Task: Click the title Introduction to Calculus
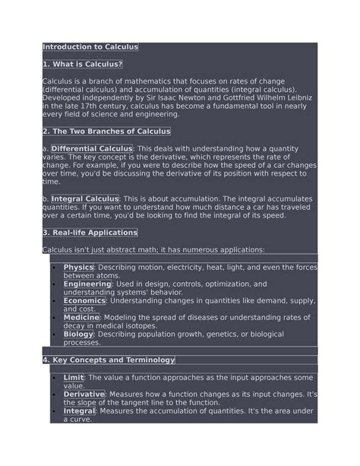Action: pos(90,47)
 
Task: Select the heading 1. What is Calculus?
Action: pos(82,64)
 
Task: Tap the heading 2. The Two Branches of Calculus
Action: pos(106,132)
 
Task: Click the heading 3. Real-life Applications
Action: pos(90,233)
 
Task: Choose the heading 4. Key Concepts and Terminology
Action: pos(109,360)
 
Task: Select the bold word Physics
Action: pos(78,268)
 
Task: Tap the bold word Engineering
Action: pos(87,284)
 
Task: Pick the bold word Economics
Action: pos(84,301)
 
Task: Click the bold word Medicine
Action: pos(83,318)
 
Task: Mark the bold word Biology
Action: pos(78,334)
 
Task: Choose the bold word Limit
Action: pos(74,377)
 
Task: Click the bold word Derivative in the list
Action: pos(84,395)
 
